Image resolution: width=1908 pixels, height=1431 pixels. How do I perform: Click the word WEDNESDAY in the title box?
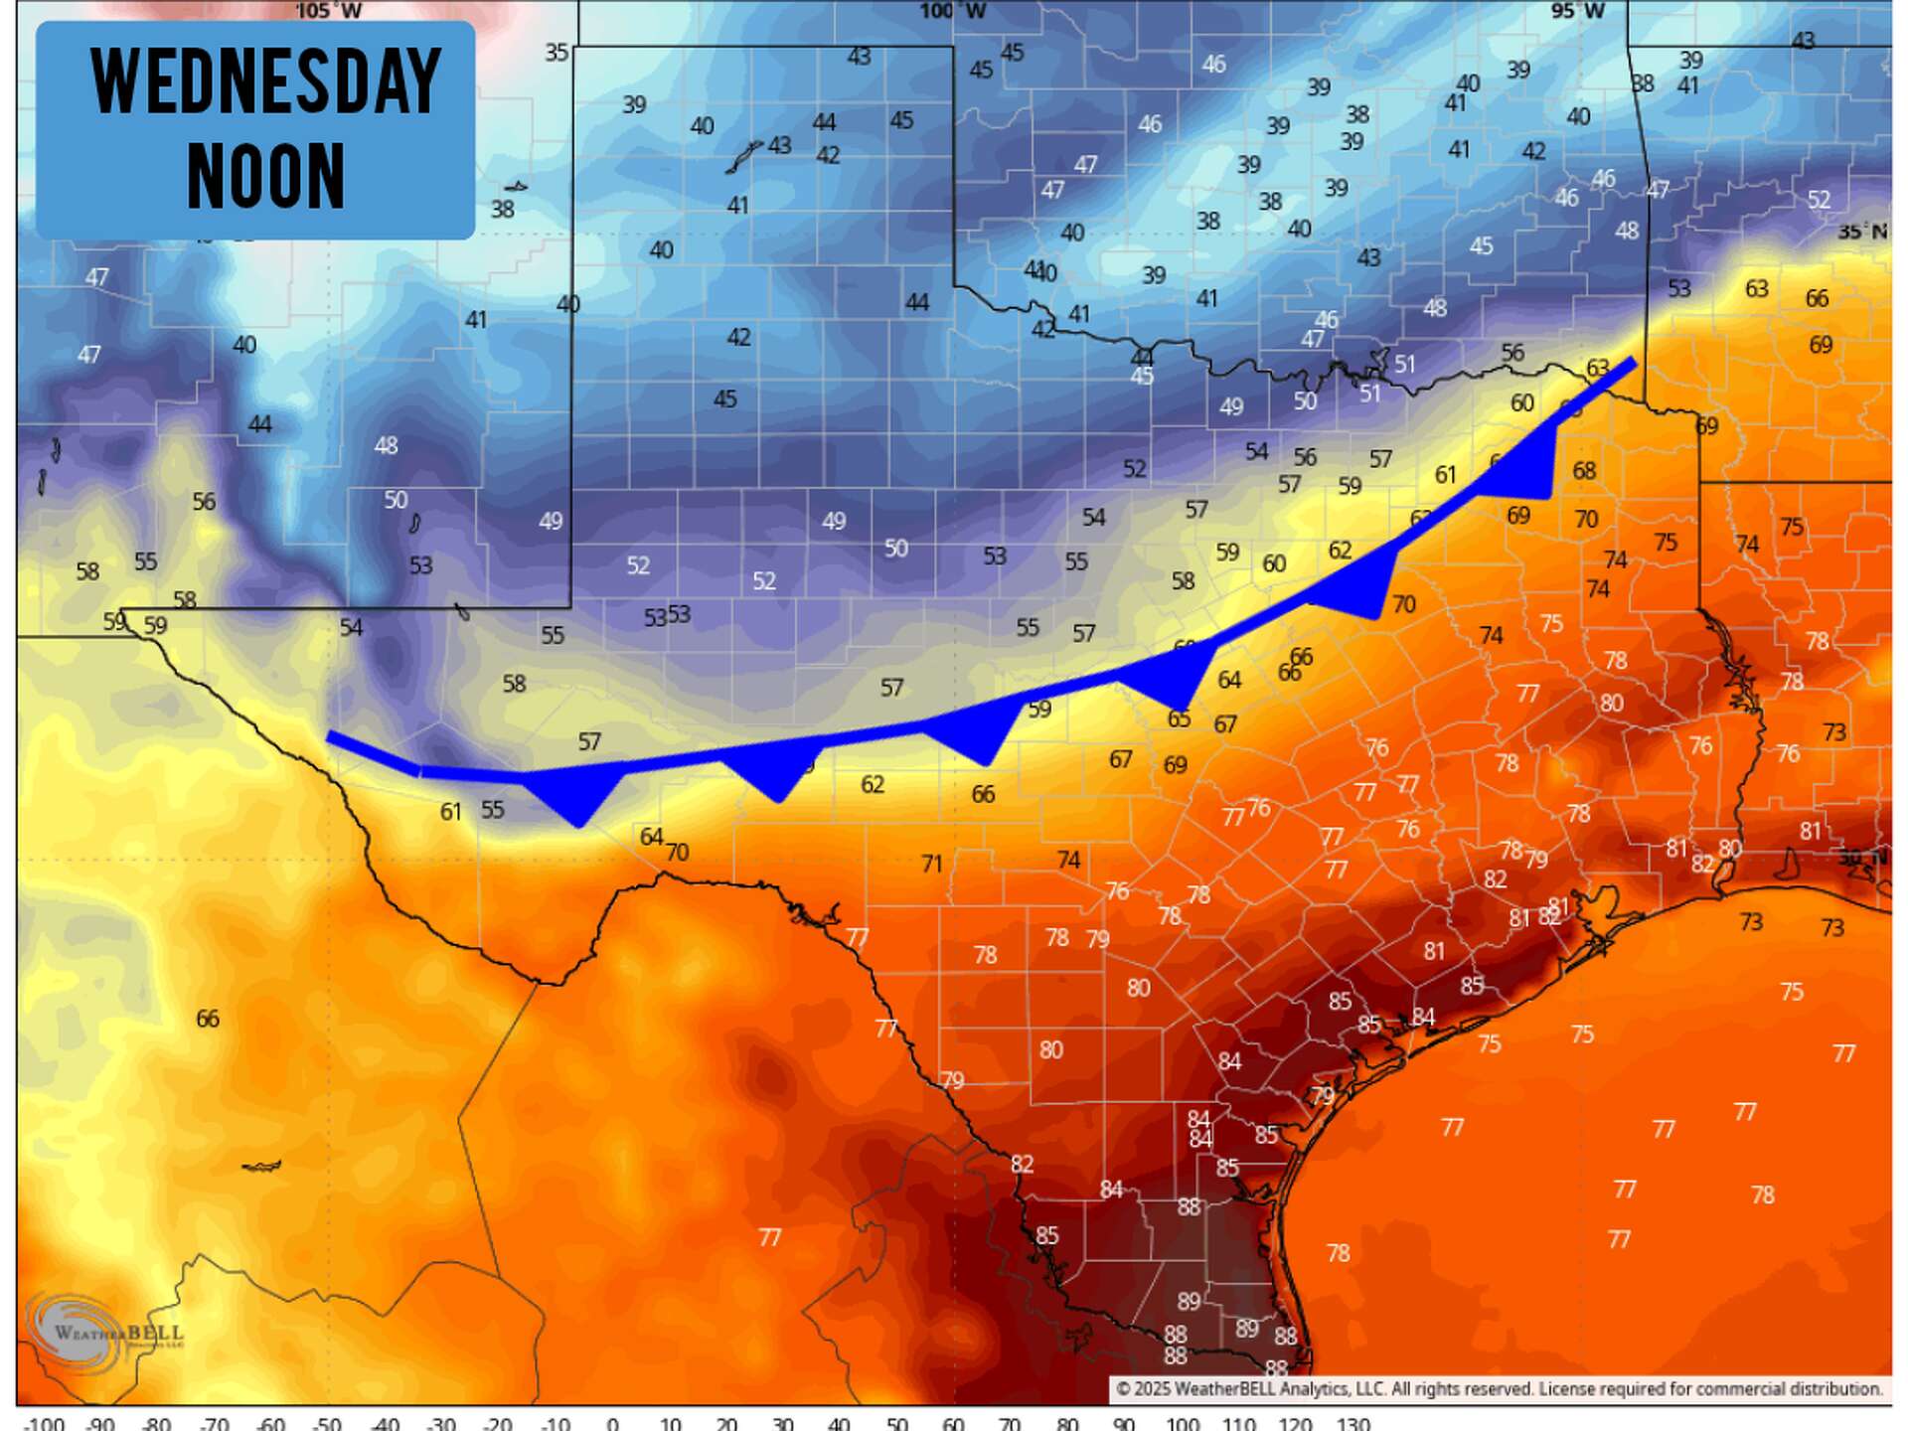click(x=265, y=81)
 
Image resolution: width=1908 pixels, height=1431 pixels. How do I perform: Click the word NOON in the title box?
click(x=265, y=176)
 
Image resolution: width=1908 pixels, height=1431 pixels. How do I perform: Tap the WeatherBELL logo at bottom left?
click(x=104, y=1332)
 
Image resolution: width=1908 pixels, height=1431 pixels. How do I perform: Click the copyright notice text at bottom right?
click(x=1499, y=1388)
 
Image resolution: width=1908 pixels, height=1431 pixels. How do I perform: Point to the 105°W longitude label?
click(x=328, y=11)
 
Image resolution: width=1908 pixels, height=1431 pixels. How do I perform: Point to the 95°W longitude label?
click(x=1577, y=11)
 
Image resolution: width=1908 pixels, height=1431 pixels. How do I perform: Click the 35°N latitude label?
click(x=1860, y=232)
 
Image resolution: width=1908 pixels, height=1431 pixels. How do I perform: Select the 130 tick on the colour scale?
click(x=1352, y=1423)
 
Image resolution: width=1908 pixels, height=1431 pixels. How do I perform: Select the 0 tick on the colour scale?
click(x=612, y=1423)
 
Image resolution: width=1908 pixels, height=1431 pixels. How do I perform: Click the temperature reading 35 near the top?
click(x=556, y=52)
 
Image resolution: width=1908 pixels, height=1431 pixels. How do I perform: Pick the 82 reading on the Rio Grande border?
click(x=1022, y=1164)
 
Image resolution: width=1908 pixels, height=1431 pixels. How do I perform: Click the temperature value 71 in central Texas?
click(x=931, y=864)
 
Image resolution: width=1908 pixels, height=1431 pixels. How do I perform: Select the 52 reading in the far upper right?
click(x=1818, y=200)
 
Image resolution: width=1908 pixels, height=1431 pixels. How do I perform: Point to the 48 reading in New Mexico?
click(x=386, y=445)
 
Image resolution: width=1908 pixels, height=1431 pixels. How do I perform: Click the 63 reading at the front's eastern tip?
click(x=1597, y=369)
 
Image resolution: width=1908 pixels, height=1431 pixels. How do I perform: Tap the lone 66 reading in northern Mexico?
click(x=207, y=1019)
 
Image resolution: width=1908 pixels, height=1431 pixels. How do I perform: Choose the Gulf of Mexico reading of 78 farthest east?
click(x=1762, y=1194)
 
